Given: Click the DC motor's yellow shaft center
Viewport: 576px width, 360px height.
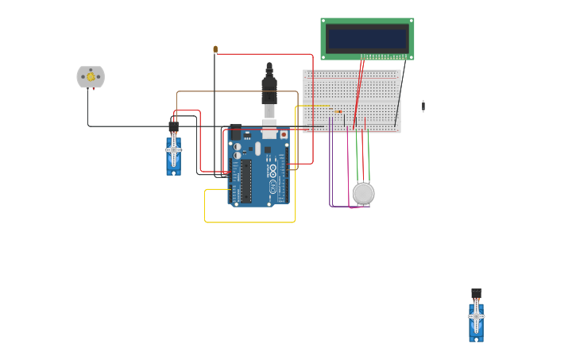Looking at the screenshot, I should point(91,77).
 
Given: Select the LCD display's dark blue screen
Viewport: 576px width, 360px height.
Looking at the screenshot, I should point(367,38).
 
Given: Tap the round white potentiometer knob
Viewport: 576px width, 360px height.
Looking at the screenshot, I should point(363,193).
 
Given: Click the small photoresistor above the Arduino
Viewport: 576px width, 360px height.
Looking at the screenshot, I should point(215,49).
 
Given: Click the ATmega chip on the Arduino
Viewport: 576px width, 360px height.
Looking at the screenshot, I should point(246,180).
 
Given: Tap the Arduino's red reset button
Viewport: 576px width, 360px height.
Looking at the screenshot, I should point(284,134).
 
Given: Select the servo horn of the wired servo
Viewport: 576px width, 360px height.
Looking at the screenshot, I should point(174,150).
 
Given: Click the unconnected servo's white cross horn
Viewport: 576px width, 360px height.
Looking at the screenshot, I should point(476,319).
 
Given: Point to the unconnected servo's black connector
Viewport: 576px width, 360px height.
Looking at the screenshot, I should point(476,293).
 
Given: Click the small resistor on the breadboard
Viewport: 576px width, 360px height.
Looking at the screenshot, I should point(338,111).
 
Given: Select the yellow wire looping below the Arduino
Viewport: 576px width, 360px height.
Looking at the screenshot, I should point(249,222).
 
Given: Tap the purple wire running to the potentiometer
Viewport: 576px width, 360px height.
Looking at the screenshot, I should point(331,175).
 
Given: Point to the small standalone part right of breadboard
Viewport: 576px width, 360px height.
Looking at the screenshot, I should point(423,106).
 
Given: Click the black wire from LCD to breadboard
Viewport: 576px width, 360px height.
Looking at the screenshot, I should point(400,91).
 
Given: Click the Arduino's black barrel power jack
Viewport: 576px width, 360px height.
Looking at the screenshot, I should point(236,132).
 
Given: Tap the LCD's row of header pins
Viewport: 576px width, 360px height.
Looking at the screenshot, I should point(385,56).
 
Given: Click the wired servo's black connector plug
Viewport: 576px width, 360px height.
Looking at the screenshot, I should point(173,126).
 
